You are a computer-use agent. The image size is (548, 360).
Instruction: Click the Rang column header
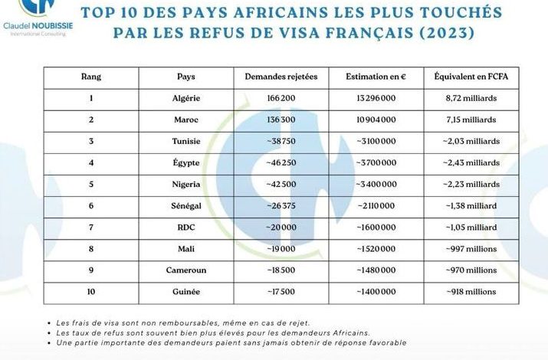pyautogui.click(x=91, y=77)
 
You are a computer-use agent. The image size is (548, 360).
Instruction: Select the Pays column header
pyautogui.click(x=185, y=77)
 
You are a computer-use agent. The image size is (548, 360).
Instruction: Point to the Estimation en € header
pyautogui.click(x=376, y=77)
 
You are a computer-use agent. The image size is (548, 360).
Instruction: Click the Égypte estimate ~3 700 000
pyautogui.click(x=376, y=163)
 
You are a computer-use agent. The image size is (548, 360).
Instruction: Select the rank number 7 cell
pyautogui.click(x=91, y=227)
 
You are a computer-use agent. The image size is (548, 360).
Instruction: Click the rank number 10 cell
pyautogui.click(x=91, y=292)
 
